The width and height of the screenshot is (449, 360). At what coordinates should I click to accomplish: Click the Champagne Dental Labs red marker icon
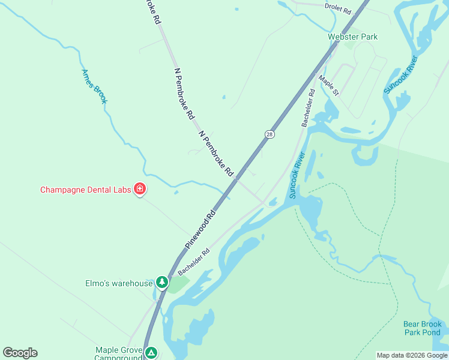[x=140, y=190]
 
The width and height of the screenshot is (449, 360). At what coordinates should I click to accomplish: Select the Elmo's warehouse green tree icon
[x=161, y=281]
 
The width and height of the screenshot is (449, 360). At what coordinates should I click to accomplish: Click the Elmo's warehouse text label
[x=119, y=283]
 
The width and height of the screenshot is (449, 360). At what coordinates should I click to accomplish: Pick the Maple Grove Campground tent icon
[x=152, y=353]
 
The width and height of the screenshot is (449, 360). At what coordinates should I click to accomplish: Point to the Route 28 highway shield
[x=270, y=134]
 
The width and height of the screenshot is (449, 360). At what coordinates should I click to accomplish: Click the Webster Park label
[x=352, y=37]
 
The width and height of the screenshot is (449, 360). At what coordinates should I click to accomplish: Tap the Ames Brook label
[x=94, y=86]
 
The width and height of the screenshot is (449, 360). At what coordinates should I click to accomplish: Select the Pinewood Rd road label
[x=200, y=230]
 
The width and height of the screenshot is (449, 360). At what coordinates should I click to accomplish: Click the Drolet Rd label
[x=337, y=6]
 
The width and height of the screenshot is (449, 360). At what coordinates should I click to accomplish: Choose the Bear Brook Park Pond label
[x=422, y=328]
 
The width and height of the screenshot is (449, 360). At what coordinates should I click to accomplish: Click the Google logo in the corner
[x=20, y=353]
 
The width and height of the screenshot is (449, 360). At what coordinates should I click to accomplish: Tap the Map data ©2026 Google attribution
[x=412, y=355]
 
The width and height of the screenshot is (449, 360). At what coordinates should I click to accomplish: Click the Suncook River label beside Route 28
[x=297, y=175]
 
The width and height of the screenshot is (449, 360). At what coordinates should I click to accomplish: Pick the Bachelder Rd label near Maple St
[x=308, y=108]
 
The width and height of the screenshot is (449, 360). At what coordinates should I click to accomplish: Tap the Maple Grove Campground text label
[x=118, y=353]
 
